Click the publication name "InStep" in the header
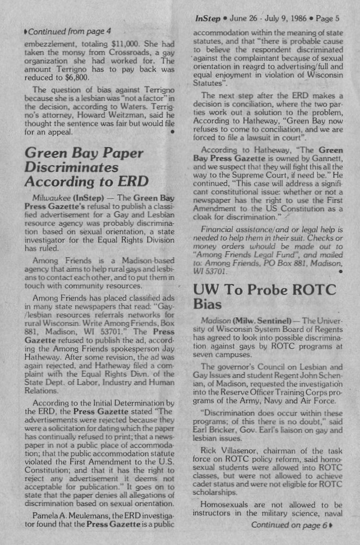[208, 19]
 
